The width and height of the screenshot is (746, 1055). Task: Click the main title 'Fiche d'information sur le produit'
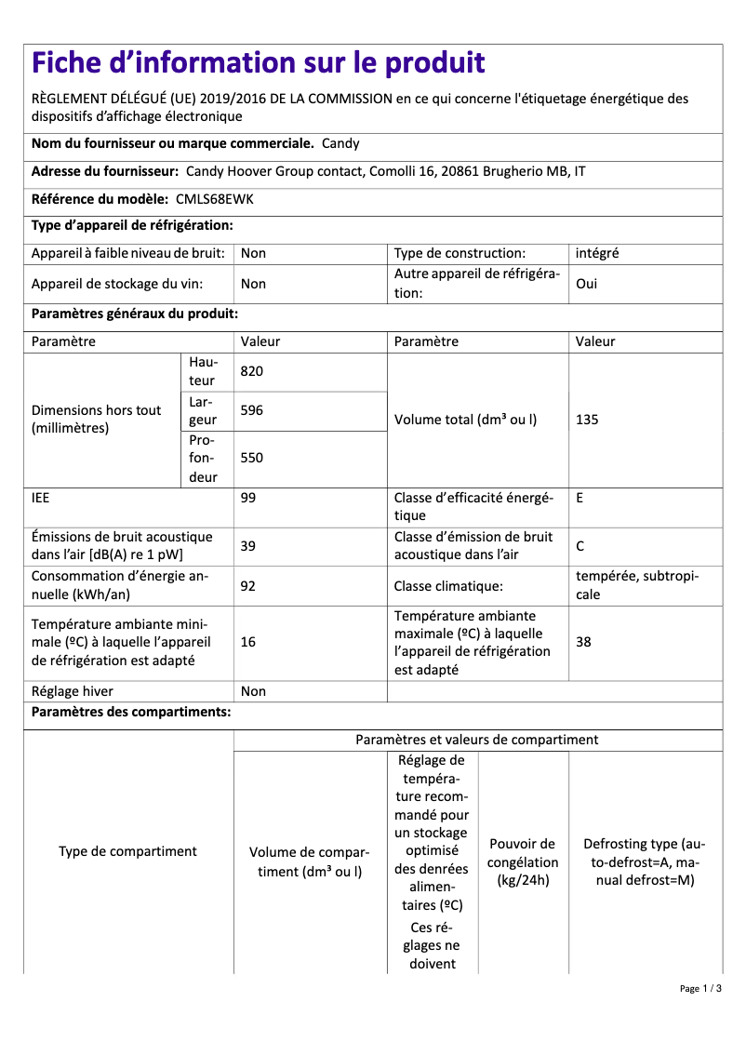click(259, 63)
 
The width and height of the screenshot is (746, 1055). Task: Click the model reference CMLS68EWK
click(215, 199)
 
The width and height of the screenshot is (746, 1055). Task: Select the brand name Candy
click(340, 143)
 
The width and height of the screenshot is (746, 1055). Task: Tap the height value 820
click(252, 371)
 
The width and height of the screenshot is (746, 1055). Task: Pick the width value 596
click(252, 410)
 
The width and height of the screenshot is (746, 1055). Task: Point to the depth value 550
click(252, 458)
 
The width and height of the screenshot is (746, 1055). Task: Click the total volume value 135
click(587, 420)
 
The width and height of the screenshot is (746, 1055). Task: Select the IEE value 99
click(248, 498)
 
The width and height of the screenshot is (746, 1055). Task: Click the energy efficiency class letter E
click(579, 498)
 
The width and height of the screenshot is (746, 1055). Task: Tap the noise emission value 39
click(248, 546)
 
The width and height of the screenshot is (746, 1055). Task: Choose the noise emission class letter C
click(580, 546)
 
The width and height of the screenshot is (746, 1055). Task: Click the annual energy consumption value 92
click(248, 586)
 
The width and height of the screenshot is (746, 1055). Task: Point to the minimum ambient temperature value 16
click(248, 642)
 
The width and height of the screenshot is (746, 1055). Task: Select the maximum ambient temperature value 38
click(584, 642)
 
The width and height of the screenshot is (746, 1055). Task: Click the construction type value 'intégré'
click(597, 253)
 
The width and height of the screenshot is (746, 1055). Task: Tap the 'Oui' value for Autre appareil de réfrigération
click(587, 284)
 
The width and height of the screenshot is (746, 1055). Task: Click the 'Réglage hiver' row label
click(73, 691)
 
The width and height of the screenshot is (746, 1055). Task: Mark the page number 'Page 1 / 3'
click(700, 988)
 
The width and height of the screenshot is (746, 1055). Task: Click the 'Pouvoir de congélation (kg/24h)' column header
click(523, 861)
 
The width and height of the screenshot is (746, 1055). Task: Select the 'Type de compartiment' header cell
click(127, 851)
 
